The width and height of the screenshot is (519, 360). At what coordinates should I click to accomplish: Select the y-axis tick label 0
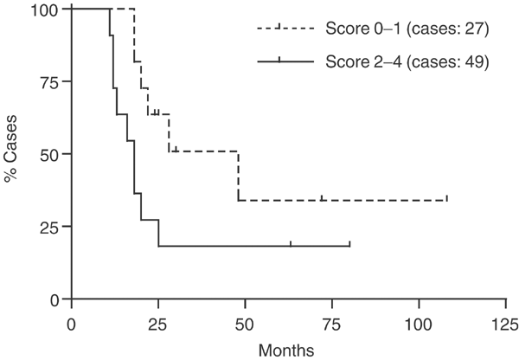(x=54, y=299)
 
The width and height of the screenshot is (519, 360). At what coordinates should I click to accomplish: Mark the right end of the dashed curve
(x=447, y=200)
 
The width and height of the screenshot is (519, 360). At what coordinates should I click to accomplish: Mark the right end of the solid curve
(x=349, y=246)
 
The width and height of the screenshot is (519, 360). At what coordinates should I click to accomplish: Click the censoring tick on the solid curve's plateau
(x=291, y=244)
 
